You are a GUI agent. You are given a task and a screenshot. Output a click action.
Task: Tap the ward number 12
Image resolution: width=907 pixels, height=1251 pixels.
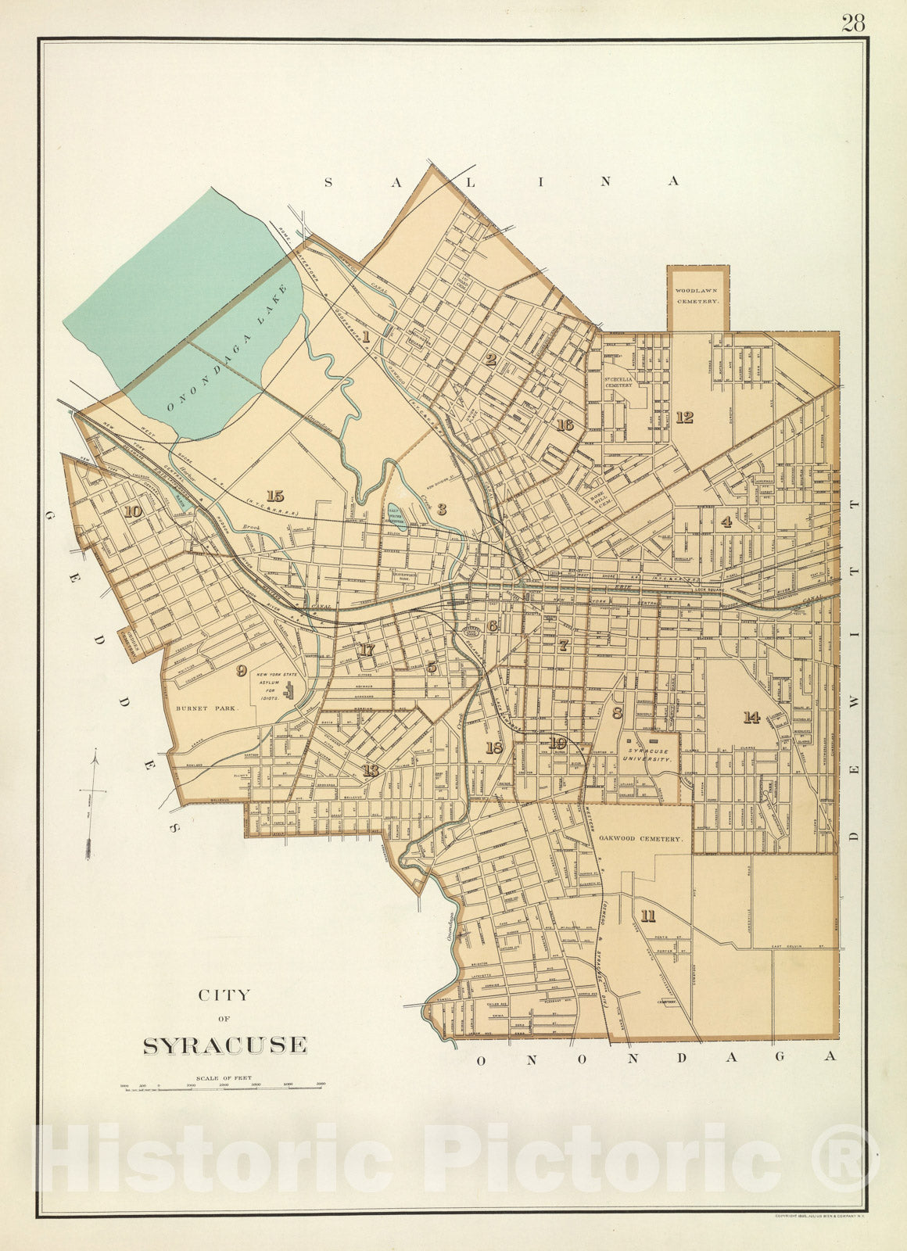[x=684, y=418]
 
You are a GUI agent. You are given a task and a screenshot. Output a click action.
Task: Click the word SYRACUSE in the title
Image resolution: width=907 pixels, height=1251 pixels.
[x=224, y=1045]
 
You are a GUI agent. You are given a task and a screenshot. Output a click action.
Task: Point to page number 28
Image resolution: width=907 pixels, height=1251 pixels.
[x=853, y=23]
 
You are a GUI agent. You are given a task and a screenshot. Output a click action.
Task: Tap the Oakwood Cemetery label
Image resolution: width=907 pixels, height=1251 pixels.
[x=641, y=838]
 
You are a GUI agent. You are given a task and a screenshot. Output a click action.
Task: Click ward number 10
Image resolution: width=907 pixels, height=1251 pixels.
[x=132, y=511]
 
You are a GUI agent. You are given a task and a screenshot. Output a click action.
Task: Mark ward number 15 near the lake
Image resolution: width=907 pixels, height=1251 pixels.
[x=274, y=496]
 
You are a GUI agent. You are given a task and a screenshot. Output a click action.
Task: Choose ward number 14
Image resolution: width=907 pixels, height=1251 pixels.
[x=751, y=717]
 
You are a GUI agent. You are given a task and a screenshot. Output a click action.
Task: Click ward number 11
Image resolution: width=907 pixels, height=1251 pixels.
[x=647, y=916]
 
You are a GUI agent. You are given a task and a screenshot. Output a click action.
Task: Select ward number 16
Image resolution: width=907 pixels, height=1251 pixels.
[x=565, y=425]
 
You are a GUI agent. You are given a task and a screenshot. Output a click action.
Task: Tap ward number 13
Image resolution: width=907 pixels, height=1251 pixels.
[x=370, y=771]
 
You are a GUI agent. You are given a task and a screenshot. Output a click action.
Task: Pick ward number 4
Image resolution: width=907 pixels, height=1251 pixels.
[x=726, y=522]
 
